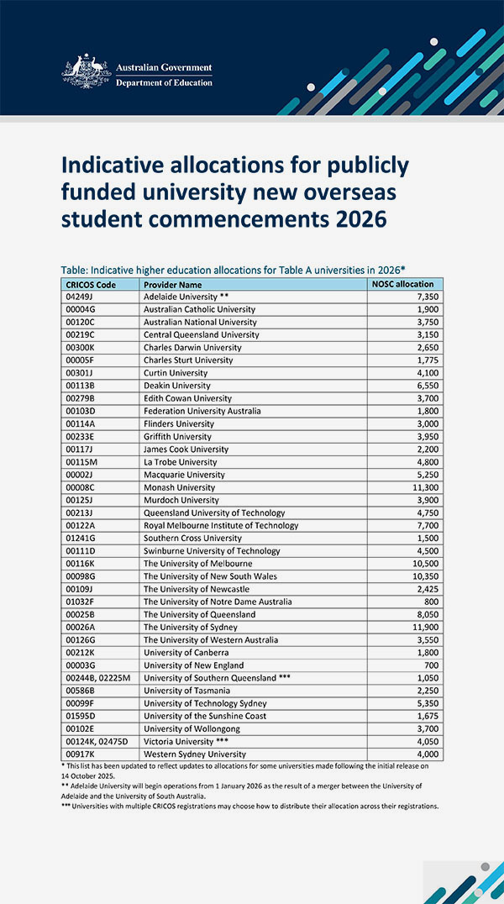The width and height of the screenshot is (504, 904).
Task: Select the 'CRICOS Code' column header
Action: [92, 284]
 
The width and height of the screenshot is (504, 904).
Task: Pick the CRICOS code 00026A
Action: [81, 627]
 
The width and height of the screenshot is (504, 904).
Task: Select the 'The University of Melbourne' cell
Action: [197, 563]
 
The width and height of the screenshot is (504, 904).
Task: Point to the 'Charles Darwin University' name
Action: [192, 347]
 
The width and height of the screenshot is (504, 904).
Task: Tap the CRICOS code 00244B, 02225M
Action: [97, 678]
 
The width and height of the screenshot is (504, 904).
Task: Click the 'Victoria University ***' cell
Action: [186, 741]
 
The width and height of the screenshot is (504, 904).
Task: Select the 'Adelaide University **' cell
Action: [186, 297]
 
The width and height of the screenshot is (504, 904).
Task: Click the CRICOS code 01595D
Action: [81, 716]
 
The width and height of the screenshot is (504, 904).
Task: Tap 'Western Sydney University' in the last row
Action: [195, 754]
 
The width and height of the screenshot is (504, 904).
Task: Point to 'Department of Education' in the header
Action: [164, 82]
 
